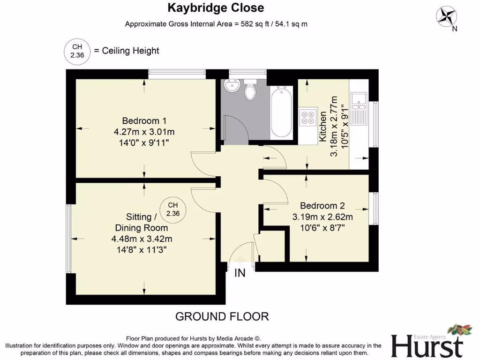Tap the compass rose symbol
[447, 15]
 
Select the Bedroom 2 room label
[322, 205]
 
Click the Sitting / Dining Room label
[141, 222]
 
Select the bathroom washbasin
[232, 86]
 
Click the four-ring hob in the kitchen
[307, 117]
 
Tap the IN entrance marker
[240, 273]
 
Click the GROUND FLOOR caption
[222, 316]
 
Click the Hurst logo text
[427, 346]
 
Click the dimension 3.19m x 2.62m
[322, 217]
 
